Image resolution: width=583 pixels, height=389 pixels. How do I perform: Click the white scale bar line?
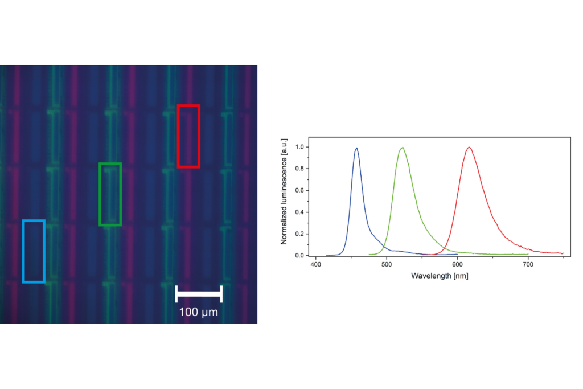[x=199, y=293]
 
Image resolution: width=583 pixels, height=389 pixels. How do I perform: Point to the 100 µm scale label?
[x=198, y=312]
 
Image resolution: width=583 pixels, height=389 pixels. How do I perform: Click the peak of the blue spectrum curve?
[x=357, y=148]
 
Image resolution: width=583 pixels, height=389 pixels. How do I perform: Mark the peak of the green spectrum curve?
[x=403, y=148]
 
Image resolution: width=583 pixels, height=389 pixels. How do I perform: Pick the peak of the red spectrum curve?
[x=469, y=148]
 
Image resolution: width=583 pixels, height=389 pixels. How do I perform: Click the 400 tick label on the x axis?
[x=316, y=264]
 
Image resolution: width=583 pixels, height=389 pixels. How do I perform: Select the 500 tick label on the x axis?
[x=387, y=264]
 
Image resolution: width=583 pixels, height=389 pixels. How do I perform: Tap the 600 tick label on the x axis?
[x=457, y=264]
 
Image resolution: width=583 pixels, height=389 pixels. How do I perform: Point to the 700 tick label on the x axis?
[x=528, y=264]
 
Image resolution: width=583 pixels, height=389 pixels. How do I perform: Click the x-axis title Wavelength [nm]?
[x=439, y=276]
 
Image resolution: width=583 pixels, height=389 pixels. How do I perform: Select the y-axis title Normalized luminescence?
[x=284, y=191]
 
